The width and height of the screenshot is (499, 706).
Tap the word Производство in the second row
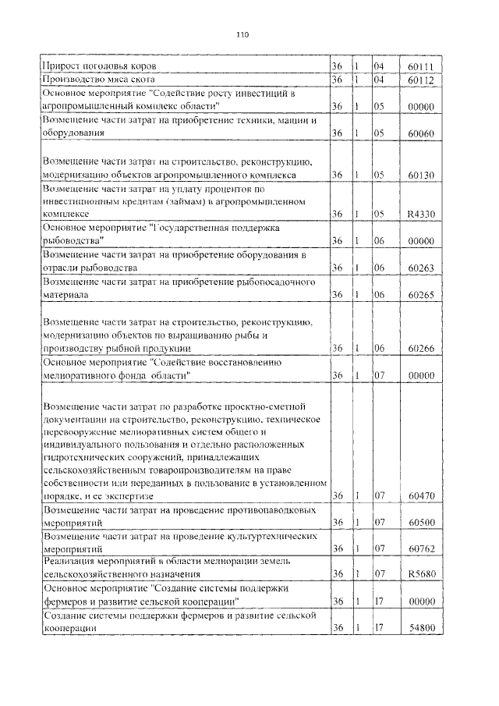(x=76, y=80)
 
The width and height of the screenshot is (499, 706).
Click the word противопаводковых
(x=271, y=509)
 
